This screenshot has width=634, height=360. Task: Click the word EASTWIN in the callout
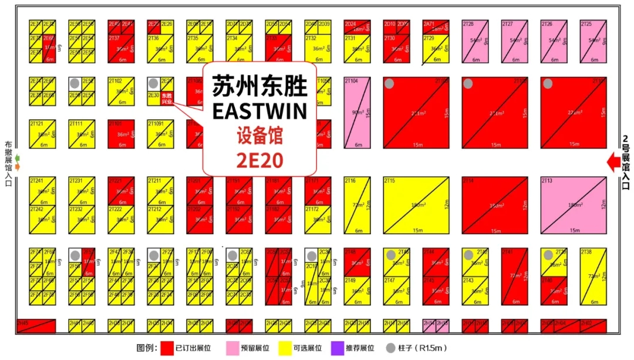259,111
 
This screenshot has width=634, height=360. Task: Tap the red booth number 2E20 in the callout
259,159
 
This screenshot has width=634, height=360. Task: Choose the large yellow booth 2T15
416,205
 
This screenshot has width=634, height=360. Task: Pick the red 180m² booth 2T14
494,205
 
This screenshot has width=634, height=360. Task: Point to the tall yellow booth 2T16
357,205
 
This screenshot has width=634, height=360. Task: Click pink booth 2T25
593,41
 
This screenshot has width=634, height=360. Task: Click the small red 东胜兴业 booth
167,99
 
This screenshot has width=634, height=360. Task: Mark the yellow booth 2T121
42,134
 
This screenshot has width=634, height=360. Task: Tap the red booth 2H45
36,325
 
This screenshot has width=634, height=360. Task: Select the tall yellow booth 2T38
593,276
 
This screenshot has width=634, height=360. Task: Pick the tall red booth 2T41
514,276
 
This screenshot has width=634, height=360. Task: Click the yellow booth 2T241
42,191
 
